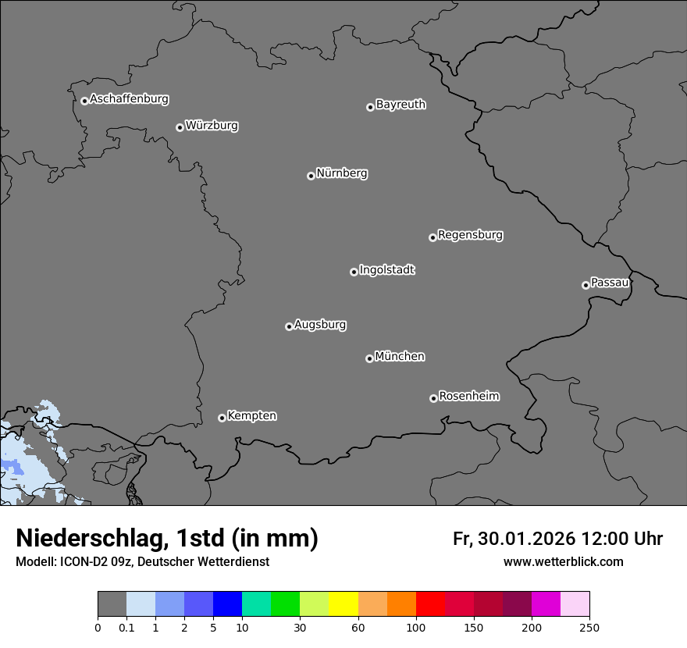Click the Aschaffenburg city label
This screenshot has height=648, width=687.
point(129,99)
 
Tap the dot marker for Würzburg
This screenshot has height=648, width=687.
point(180,127)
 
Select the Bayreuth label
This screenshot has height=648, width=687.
point(400,105)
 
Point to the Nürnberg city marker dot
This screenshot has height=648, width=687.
point(311,176)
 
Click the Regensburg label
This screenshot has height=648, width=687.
point(470,235)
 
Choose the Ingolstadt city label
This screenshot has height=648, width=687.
point(386,270)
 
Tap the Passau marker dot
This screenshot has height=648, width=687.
point(586,285)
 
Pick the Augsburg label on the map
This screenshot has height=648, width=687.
point(320,325)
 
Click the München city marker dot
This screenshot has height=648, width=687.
point(369,358)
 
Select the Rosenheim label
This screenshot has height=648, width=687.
point(468,397)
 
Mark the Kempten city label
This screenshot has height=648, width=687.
point(251,416)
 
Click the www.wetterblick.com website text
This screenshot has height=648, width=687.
point(563,562)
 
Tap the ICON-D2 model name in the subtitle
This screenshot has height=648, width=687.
point(83,562)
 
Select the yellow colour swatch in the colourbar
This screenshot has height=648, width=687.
point(343,604)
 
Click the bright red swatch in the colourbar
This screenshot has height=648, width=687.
point(430,604)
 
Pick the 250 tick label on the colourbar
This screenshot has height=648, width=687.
point(589,627)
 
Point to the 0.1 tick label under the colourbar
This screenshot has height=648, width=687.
point(126,627)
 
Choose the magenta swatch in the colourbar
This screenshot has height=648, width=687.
point(546,604)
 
